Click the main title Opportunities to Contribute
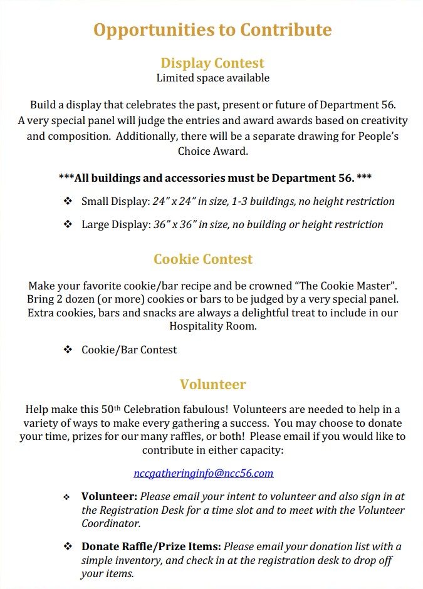212,29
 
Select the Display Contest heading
212,63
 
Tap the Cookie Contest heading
203,259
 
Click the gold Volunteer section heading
212,384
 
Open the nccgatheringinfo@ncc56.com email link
203,473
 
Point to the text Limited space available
212,78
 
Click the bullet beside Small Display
68,201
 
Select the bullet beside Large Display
68,224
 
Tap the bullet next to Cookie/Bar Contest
68,350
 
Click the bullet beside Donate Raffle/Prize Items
68,546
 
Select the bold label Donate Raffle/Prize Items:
150,546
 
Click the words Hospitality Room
212,326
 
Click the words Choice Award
212,151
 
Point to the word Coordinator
110,523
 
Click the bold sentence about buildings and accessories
215,178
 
